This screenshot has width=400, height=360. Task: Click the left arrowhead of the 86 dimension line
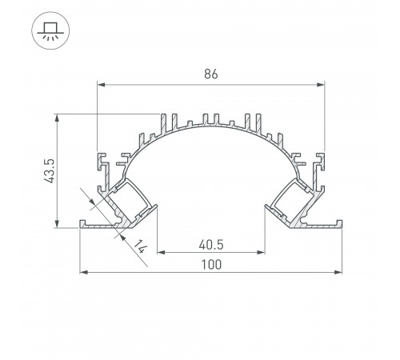[101, 82]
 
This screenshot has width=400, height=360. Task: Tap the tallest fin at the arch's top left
[171, 120]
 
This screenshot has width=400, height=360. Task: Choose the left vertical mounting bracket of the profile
[102, 163]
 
